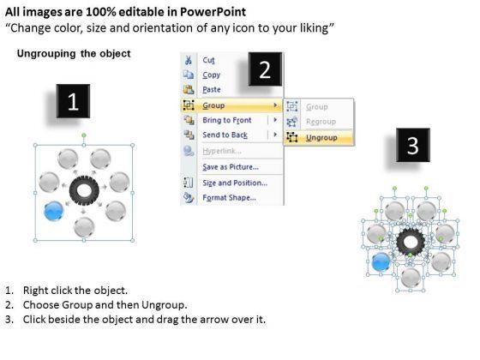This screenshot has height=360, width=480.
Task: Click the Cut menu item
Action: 208,60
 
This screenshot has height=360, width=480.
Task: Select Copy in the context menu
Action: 211,75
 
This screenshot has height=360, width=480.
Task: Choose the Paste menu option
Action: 212,90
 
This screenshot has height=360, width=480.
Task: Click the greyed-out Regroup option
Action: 321,122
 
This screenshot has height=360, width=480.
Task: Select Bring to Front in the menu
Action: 227,120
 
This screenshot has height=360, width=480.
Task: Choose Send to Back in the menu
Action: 225,135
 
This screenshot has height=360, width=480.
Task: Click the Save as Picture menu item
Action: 231,167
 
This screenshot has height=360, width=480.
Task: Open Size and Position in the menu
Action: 235,183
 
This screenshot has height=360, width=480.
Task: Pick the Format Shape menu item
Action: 230,198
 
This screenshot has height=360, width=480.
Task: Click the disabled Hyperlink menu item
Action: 222,151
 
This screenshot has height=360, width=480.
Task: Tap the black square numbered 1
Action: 73,101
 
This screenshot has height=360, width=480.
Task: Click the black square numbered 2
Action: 265,69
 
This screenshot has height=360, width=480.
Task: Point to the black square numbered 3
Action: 413,145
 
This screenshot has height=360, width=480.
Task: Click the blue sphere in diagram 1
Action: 53,211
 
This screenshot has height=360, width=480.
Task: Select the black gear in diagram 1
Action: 84,191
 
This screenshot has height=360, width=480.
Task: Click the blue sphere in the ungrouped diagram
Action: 381,262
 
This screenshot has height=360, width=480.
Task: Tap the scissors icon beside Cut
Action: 189,60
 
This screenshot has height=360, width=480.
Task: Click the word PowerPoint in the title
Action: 213,12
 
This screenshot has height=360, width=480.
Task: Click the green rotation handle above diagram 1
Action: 84,135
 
